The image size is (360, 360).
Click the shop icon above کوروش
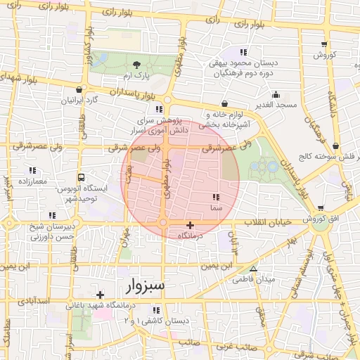tap(326, 44)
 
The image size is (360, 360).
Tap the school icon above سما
tap(215, 198)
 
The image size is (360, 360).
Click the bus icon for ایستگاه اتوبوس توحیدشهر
tap(82, 178)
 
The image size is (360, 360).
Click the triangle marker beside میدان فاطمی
tap(254, 269)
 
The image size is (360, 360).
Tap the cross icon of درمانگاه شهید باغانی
tap(100, 295)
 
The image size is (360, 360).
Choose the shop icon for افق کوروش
tap(321, 208)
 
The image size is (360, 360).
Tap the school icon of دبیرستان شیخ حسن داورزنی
tap(51, 215)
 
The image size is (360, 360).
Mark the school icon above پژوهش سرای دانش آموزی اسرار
tap(159, 109)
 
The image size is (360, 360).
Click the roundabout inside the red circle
tap(163, 223)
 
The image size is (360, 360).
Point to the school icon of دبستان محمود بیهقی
tap(243, 52)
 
